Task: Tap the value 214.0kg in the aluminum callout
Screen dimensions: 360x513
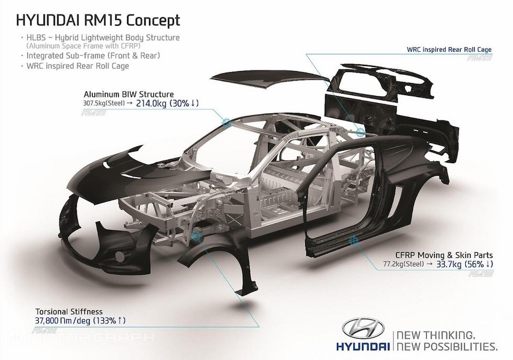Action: click(153, 103)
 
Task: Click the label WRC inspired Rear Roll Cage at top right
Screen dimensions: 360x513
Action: click(449, 50)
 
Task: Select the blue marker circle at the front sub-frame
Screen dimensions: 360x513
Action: click(197, 235)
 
